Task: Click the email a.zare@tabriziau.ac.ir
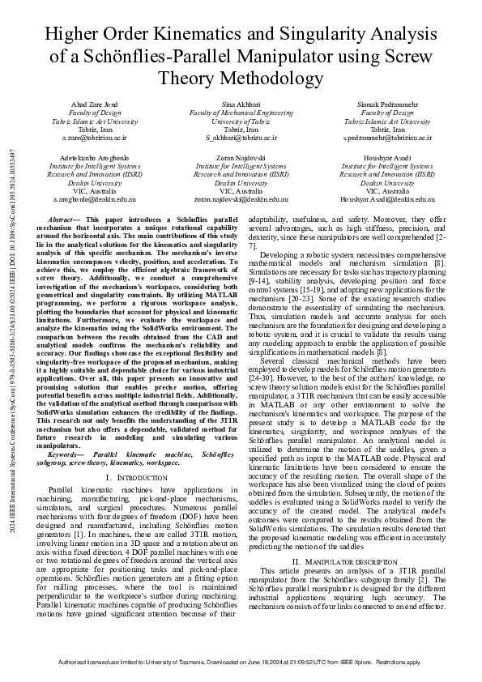pyautogui.click(x=96, y=138)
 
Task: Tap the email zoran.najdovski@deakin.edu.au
pyautogui.click(x=241, y=198)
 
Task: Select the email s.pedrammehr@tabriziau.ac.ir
pyautogui.click(x=386, y=138)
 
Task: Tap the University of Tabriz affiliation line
pyautogui.click(x=241, y=121)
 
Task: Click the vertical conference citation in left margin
pyautogui.click(x=11, y=340)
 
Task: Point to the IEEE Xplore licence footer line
pyautogui.click(x=241, y=662)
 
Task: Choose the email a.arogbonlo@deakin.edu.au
pyautogui.click(x=96, y=198)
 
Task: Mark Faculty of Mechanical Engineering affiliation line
pyautogui.click(x=241, y=113)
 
